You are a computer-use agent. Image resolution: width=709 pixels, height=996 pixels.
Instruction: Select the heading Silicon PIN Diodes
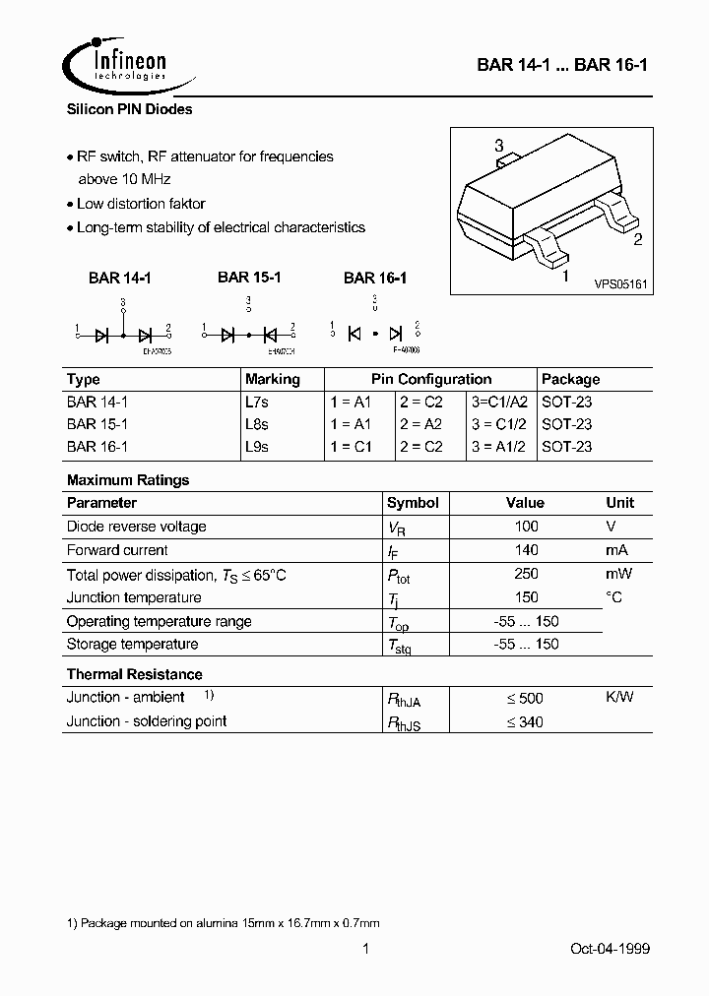[129, 110]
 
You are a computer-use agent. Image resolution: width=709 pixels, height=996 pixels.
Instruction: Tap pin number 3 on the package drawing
[499, 146]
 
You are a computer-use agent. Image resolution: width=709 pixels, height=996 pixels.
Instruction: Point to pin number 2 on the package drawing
[638, 238]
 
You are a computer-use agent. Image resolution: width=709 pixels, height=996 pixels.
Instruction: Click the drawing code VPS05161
[619, 282]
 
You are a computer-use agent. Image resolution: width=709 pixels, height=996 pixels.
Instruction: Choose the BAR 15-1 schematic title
[249, 278]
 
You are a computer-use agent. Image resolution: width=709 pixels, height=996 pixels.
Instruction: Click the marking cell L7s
[257, 402]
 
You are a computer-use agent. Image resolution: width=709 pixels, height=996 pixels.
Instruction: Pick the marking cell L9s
[257, 446]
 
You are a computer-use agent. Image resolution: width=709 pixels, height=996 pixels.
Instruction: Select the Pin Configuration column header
[431, 379]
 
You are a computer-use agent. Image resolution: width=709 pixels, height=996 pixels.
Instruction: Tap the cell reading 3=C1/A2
[500, 402]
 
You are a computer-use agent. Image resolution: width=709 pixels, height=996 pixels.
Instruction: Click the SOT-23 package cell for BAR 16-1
[567, 446]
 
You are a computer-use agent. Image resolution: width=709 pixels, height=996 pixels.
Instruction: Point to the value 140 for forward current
[527, 550]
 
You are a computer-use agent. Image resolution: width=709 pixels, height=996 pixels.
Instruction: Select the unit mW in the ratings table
[618, 574]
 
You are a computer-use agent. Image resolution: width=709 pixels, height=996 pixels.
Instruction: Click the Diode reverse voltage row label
[136, 527]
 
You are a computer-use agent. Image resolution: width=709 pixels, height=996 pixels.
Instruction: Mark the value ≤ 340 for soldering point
[525, 721]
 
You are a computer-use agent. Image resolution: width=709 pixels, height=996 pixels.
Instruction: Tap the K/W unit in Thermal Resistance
[619, 697]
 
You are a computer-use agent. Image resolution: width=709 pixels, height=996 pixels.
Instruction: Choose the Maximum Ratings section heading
[128, 480]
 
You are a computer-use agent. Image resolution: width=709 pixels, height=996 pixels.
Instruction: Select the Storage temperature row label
[132, 644]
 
